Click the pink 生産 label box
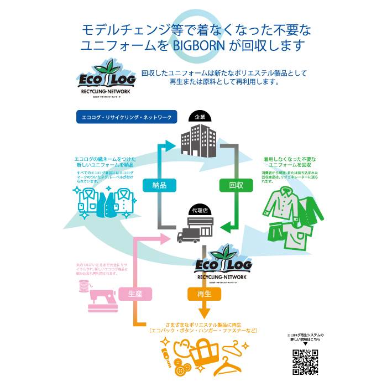click(x=134, y=294)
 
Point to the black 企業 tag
click(x=200, y=117)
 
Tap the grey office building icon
click(x=200, y=138)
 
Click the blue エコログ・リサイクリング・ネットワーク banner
click(x=127, y=118)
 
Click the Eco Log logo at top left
click(x=105, y=81)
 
